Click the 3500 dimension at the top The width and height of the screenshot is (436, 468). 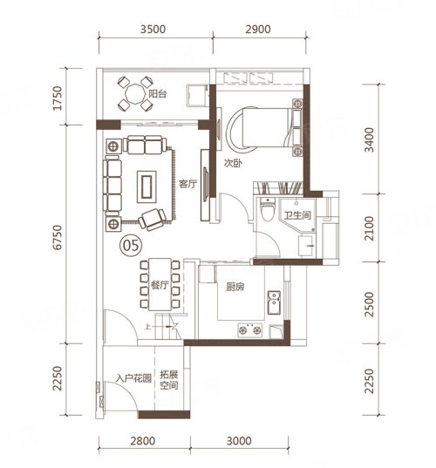coord(153,30)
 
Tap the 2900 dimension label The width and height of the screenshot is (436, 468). coord(258,30)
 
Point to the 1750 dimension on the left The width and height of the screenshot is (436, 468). coord(58,98)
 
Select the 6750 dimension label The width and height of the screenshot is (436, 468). coord(58,237)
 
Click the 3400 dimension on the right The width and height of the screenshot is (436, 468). coord(369,139)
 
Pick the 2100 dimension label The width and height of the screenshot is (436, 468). coord(369,228)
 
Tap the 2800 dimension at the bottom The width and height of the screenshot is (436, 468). coord(143,441)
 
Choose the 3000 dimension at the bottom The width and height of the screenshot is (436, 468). coord(239,441)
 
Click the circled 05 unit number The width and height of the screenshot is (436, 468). coord(131,246)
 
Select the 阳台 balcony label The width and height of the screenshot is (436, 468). coord(157,94)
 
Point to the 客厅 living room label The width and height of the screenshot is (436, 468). coord(187,184)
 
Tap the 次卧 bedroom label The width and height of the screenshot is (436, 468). coord(233,163)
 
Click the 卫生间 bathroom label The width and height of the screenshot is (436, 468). coord(297,215)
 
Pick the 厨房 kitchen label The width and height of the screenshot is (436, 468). coord(235,287)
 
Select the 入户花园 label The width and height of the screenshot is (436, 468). coord(134,378)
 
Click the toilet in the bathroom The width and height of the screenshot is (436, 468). coord(268,209)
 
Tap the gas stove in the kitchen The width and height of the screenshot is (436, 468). coord(250,330)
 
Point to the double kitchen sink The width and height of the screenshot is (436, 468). coord(274,302)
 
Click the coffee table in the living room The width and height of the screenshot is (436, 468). coord(146,187)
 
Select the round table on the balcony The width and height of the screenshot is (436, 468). coord(135,94)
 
